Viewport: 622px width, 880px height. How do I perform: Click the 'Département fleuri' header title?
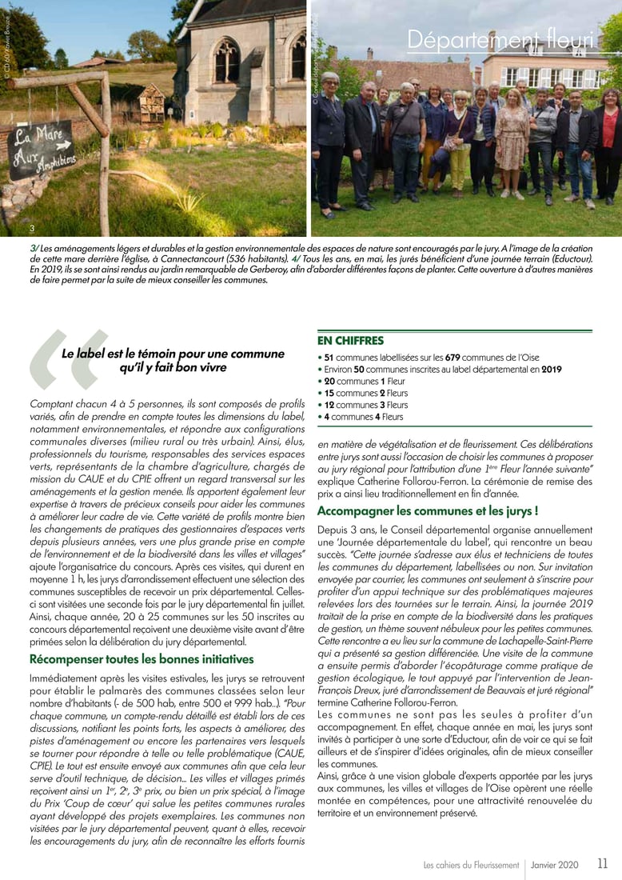pos(500,39)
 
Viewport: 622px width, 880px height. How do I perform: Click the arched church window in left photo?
pos(226,60)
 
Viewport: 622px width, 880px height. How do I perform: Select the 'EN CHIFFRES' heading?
pos(350,341)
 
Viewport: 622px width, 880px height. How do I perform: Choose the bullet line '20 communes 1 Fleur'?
pos(365,381)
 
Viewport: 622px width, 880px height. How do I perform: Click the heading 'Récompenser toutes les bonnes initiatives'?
pos(142,659)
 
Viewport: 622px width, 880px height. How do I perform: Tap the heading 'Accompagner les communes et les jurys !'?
pos(428,510)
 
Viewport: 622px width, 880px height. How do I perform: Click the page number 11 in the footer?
pos(602,864)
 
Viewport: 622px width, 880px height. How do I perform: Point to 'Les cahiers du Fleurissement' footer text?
pos(471,865)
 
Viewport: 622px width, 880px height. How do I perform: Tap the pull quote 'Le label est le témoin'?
pos(173,360)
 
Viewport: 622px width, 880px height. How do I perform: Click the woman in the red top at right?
pos(608,144)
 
